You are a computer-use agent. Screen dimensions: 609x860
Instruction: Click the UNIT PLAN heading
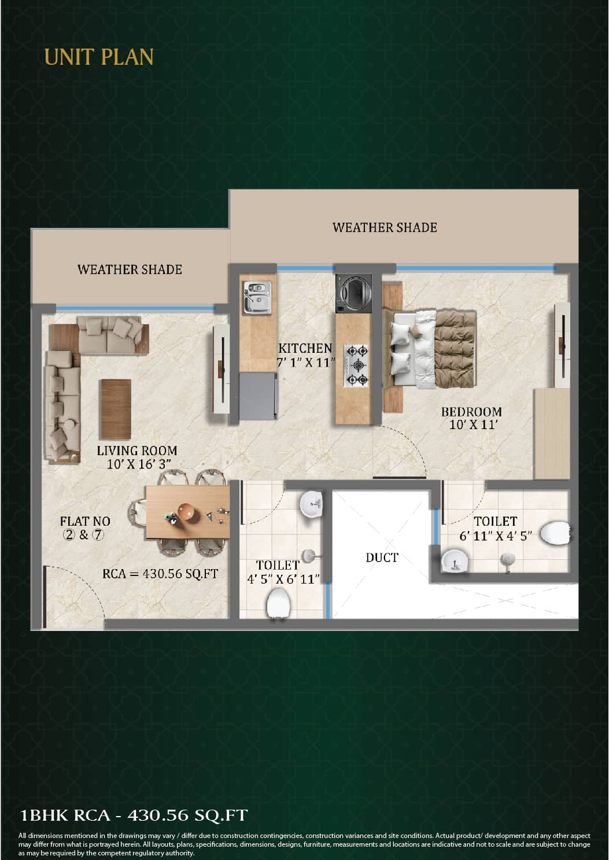pos(99,57)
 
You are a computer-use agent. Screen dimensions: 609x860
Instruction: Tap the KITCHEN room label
pos(305,348)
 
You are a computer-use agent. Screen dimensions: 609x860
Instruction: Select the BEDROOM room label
pos(471,412)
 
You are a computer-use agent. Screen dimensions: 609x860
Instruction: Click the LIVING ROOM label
pos(136,451)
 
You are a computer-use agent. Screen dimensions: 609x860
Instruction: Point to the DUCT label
pos(382,558)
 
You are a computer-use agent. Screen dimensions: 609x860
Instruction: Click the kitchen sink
pos(257,297)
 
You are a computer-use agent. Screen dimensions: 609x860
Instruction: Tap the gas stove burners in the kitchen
pos(357,365)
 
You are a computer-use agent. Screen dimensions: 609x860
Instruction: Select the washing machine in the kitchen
pos(353,293)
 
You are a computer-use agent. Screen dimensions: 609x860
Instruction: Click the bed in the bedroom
pos(433,349)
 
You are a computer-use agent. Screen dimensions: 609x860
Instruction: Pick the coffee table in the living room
pos(116,409)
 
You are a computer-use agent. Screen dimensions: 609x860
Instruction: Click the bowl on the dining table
pos(187,512)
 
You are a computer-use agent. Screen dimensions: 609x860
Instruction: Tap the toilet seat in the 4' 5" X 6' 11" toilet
pos(278,604)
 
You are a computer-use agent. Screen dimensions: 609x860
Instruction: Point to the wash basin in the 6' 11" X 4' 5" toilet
pos(455,561)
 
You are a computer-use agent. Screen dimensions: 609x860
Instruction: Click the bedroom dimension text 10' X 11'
pos(474,425)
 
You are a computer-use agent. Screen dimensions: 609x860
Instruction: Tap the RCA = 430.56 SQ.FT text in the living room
pos(160,574)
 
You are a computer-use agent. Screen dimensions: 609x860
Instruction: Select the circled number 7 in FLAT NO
pos(98,535)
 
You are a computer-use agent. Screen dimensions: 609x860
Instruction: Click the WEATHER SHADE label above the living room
pos(130,270)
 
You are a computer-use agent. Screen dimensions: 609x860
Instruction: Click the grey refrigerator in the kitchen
pos(258,396)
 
